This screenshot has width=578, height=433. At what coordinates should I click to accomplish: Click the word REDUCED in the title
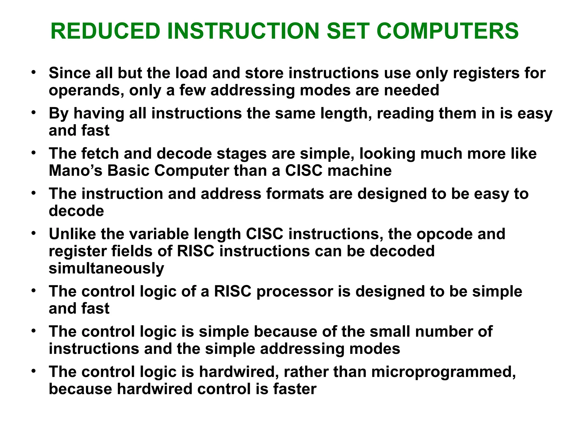105,31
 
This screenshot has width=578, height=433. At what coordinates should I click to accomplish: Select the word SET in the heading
348,31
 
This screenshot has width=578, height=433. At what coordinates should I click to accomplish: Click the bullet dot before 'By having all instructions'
34,112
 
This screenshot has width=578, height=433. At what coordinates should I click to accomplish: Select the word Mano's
75,171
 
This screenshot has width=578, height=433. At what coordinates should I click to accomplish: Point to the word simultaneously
106,268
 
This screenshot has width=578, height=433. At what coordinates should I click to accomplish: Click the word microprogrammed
443,372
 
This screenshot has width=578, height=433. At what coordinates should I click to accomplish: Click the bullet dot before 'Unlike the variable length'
34,233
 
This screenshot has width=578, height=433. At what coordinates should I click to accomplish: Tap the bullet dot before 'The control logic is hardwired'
34,371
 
